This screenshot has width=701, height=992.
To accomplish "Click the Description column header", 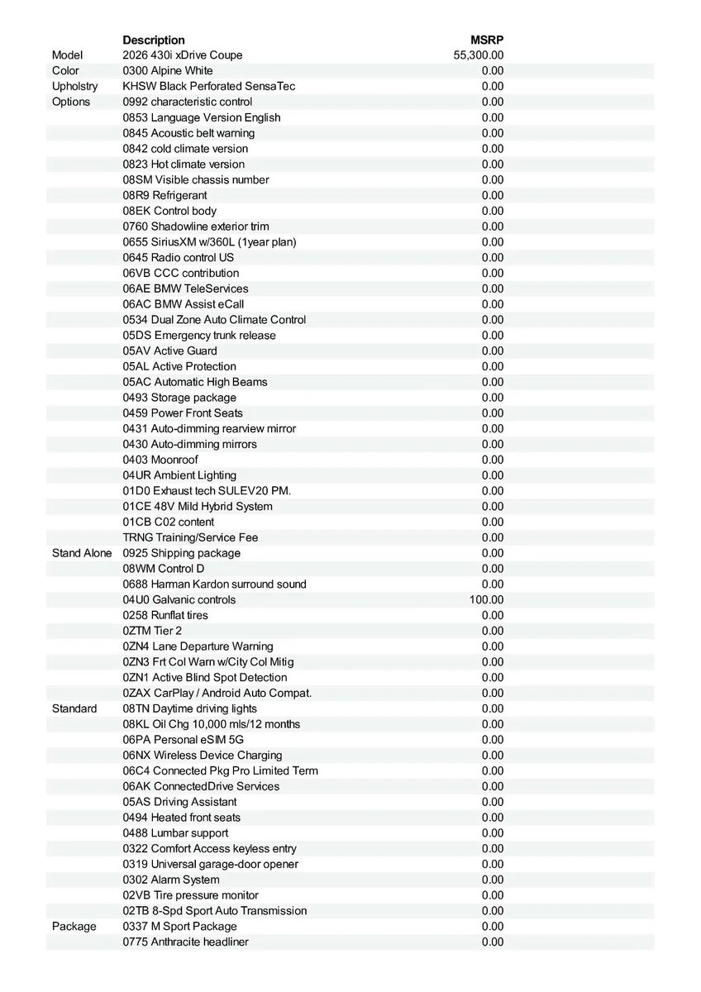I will pyautogui.click(x=154, y=40).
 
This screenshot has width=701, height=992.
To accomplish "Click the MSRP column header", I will pyautogui.click(x=486, y=40).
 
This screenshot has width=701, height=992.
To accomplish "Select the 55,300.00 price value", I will pyautogui.click(x=479, y=55).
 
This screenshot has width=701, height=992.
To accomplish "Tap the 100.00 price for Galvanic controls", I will pyautogui.click(x=486, y=600).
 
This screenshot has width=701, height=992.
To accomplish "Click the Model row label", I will pyautogui.click(x=67, y=55).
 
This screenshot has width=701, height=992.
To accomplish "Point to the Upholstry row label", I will pyautogui.click(x=74, y=86).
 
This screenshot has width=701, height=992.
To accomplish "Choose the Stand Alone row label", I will pyautogui.click(x=81, y=553).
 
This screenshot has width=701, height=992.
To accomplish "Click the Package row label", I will pyautogui.click(x=74, y=927).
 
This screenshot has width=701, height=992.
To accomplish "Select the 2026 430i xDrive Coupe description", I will pyautogui.click(x=183, y=55).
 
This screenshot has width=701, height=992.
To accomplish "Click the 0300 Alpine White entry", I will pyautogui.click(x=168, y=71).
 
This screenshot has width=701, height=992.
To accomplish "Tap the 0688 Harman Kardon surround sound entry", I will pyautogui.click(x=214, y=584).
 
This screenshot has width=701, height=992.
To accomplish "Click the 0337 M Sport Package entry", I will pyautogui.click(x=179, y=927).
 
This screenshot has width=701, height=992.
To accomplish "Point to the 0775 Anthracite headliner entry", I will pyautogui.click(x=185, y=942).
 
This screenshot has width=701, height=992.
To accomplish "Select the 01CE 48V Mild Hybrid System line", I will pyautogui.click(x=198, y=507).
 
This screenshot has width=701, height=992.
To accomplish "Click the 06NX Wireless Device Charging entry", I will pyautogui.click(x=203, y=756).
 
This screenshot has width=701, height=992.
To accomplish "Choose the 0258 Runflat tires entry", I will pyautogui.click(x=165, y=616).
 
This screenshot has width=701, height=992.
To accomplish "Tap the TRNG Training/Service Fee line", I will pyautogui.click(x=190, y=537).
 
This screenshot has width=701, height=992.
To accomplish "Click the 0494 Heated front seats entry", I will pyautogui.click(x=182, y=818).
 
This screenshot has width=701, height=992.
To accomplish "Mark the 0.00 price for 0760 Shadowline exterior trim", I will pyautogui.click(x=492, y=227).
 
